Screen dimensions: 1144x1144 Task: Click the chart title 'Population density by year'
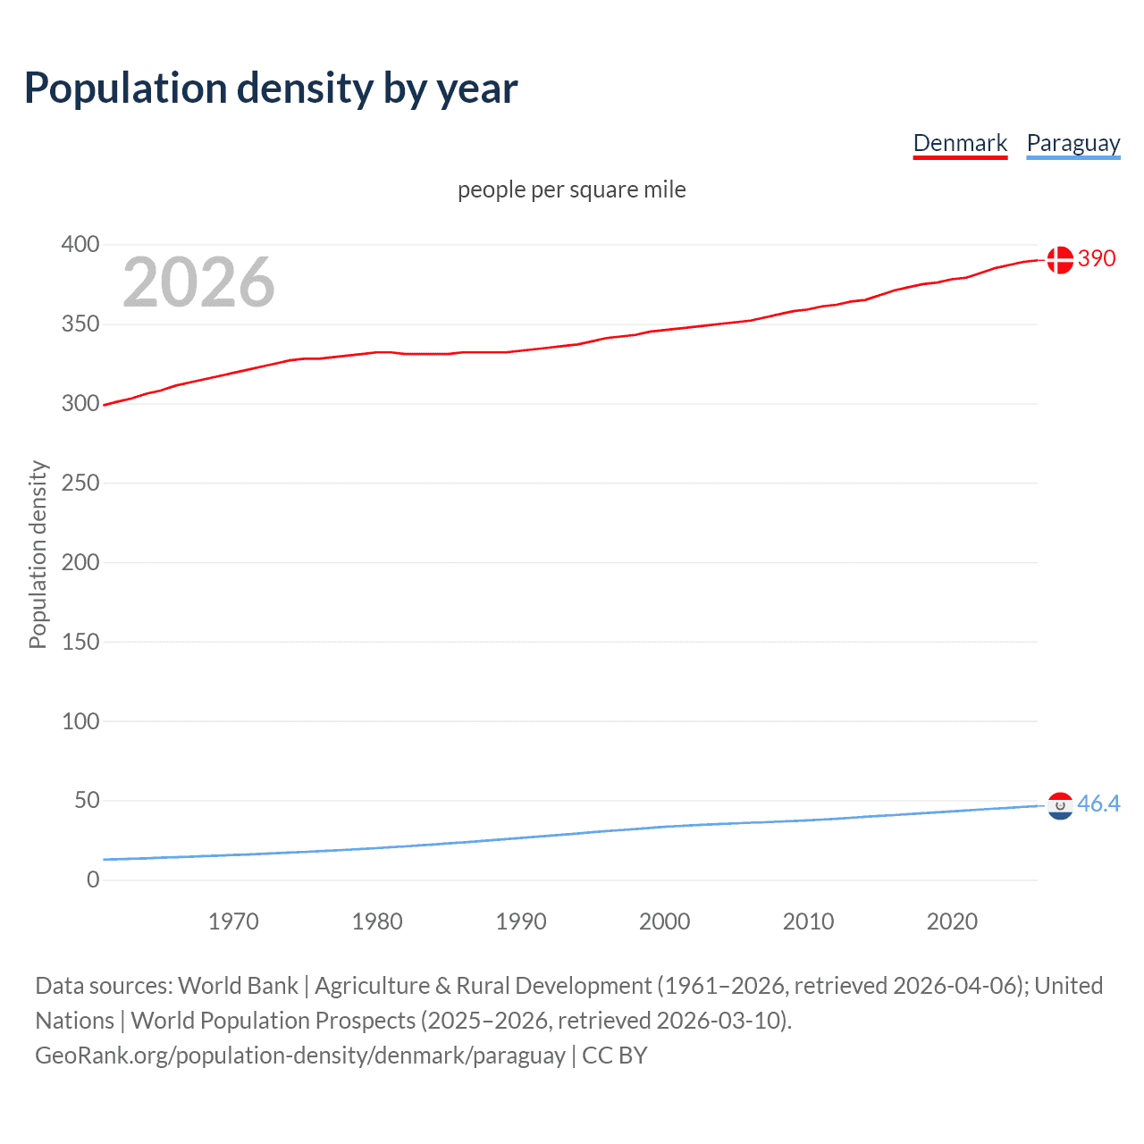pos(271,88)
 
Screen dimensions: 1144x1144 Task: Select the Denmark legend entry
pos(960,143)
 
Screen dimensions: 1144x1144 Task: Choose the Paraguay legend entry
pos(1072,143)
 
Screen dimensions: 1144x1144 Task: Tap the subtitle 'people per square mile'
pos(571,190)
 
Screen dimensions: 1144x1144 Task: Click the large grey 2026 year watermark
pos(198,282)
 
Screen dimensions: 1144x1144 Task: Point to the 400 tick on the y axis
pos(80,244)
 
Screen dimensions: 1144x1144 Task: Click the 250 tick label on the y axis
pos(80,483)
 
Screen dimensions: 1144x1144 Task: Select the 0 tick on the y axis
pos(93,879)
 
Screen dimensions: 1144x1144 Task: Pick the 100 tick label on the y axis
pos(80,721)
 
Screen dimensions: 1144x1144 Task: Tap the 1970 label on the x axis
pos(233,921)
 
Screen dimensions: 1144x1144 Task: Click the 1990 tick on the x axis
pos(521,921)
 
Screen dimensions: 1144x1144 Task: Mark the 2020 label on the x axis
pos(952,921)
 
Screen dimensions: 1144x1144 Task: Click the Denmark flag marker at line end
pos(1060,259)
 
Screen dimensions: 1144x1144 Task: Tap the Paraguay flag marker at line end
pos(1060,805)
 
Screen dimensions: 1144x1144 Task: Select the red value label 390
pos(1097,259)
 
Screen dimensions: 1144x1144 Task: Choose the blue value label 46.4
pos(1098,804)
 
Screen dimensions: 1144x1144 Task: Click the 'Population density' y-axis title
pos(38,554)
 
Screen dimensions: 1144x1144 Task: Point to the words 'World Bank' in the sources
pos(238,986)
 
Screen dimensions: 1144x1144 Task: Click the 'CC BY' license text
pos(615,1056)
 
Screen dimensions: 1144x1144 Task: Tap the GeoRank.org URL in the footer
pos(299,1056)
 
